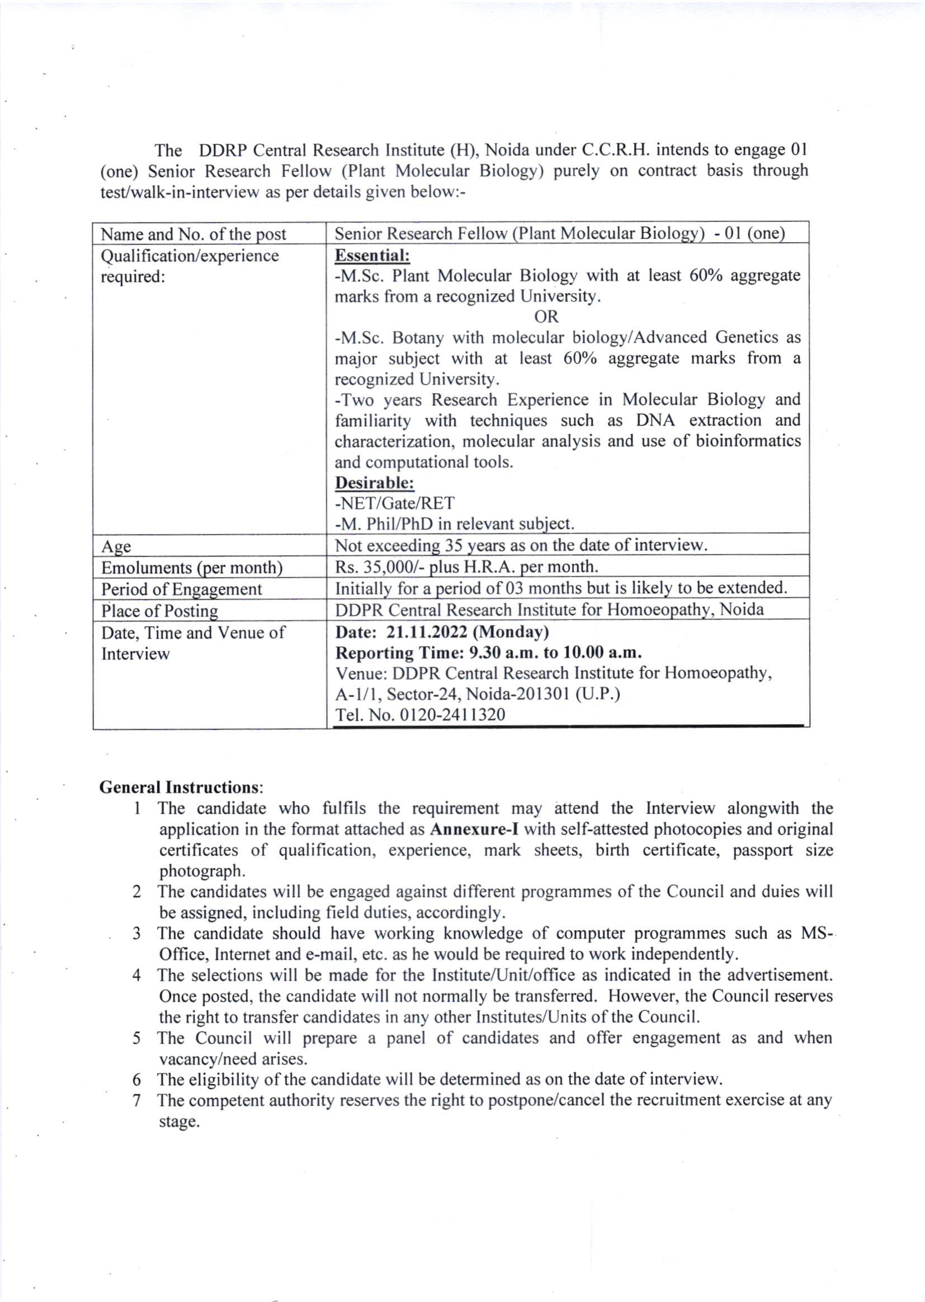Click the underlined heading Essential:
tap(372, 255)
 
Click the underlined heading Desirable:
tap(374, 483)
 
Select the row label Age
tap(116, 547)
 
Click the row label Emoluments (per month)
tap(192, 568)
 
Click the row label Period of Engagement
tap(181, 589)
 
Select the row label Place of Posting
tap(159, 611)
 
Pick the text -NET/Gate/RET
tap(395, 503)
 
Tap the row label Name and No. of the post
tap(194, 234)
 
